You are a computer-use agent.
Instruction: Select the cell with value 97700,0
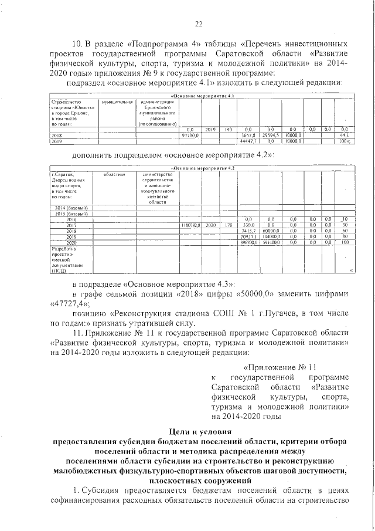point(191,135)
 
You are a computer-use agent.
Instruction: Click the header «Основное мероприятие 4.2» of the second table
point(202,168)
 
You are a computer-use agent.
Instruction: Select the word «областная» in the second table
point(114,175)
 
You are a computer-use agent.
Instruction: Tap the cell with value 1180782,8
point(191,225)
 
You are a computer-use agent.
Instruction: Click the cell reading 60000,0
point(270,231)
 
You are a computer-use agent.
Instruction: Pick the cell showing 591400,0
point(270,242)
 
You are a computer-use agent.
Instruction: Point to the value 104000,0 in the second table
point(270,236)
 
